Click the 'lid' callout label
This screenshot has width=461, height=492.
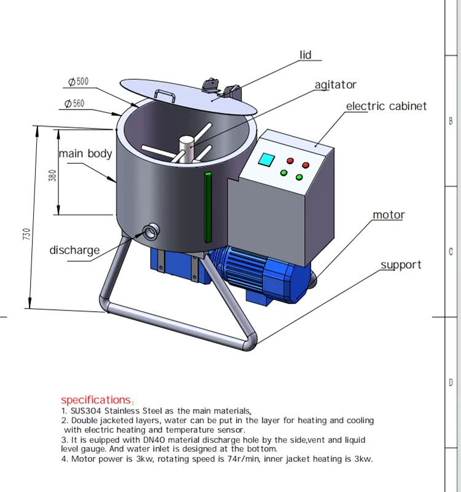pyautogui.click(x=305, y=55)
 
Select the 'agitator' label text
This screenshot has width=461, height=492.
pyautogui.click(x=335, y=85)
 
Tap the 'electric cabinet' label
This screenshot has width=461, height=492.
pyautogui.click(x=386, y=106)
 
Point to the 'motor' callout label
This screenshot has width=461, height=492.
pyautogui.click(x=388, y=215)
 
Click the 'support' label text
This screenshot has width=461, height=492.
pyautogui.click(x=401, y=265)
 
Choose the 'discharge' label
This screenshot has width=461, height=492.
pyautogui.click(x=74, y=250)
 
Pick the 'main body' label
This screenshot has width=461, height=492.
pyautogui.click(x=85, y=153)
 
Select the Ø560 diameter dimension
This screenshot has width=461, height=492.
pyautogui.click(x=74, y=103)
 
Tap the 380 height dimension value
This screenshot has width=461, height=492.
pyautogui.click(x=53, y=176)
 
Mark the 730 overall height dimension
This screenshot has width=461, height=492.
pyautogui.click(x=26, y=234)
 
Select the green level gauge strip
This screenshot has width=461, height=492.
pyautogui.click(x=208, y=207)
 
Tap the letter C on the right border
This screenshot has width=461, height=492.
pyautogui.click(x=451, y=252)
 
